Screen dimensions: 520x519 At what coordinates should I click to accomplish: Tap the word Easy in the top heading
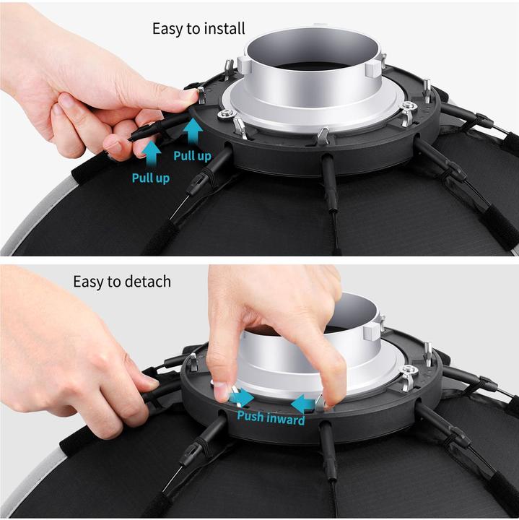[x=167, y=29]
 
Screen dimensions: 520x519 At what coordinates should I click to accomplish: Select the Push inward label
[x=271, y=417]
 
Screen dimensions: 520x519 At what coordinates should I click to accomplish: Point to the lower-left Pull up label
[x=151, y=178]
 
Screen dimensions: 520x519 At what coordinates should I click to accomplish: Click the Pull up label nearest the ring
[x=193, y=155]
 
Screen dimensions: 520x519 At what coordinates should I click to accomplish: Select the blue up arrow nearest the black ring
[x=193, y=131]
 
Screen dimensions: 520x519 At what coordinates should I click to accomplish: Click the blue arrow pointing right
[x=243, y=398]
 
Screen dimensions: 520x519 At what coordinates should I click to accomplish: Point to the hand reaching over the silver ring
[x=274, y=318]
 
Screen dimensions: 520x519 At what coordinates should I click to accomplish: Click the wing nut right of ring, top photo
[x=408, y=113]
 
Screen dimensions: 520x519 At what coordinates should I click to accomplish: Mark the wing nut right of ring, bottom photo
[x=407, y=378]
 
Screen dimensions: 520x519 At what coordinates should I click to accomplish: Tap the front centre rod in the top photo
[x=329, y=181]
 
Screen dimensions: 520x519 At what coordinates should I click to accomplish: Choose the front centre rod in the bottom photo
[x=328, y=448]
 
